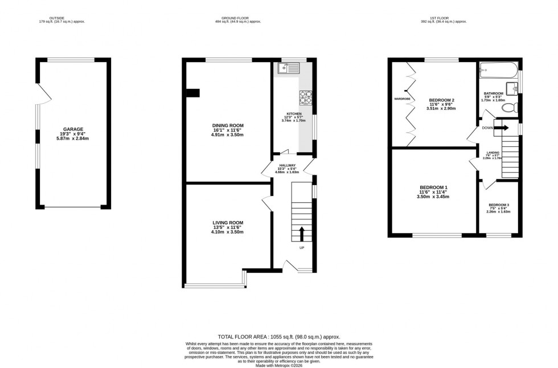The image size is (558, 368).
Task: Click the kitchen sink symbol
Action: click(289, 69)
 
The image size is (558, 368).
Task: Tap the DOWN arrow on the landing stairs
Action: click(502, 128)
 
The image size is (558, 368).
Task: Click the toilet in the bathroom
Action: click(512, 107)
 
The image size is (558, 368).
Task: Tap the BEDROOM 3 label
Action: click(499, 205)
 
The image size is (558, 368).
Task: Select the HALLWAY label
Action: click(287, 165)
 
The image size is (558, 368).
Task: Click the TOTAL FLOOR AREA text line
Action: click(278, 337)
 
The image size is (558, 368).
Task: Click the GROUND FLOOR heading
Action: click(237, 18)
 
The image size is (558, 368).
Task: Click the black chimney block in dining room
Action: click(193, 93)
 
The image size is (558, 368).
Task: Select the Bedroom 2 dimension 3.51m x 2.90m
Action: click(442, 109)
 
